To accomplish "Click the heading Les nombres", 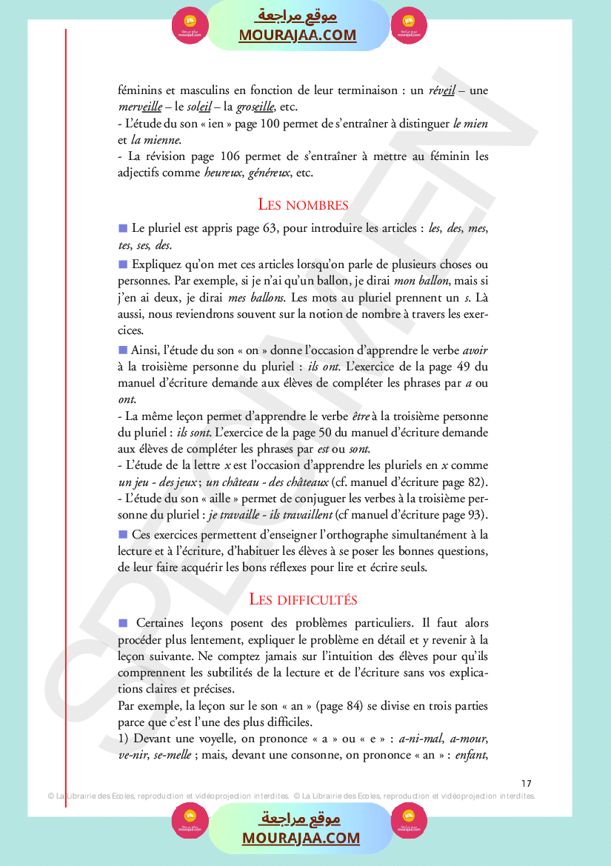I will pos(303,204).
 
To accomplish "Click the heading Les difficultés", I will pos(303,599).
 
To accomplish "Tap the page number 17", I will pos(527,783).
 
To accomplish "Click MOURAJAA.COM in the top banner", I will pos(297,36).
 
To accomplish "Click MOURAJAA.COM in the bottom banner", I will pos(301,839).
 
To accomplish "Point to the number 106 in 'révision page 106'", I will pos(230,157).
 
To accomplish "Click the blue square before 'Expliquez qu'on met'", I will pos(123,264).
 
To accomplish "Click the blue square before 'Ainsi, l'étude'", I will pos(123,350).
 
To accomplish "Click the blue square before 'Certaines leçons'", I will pos(123,623).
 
